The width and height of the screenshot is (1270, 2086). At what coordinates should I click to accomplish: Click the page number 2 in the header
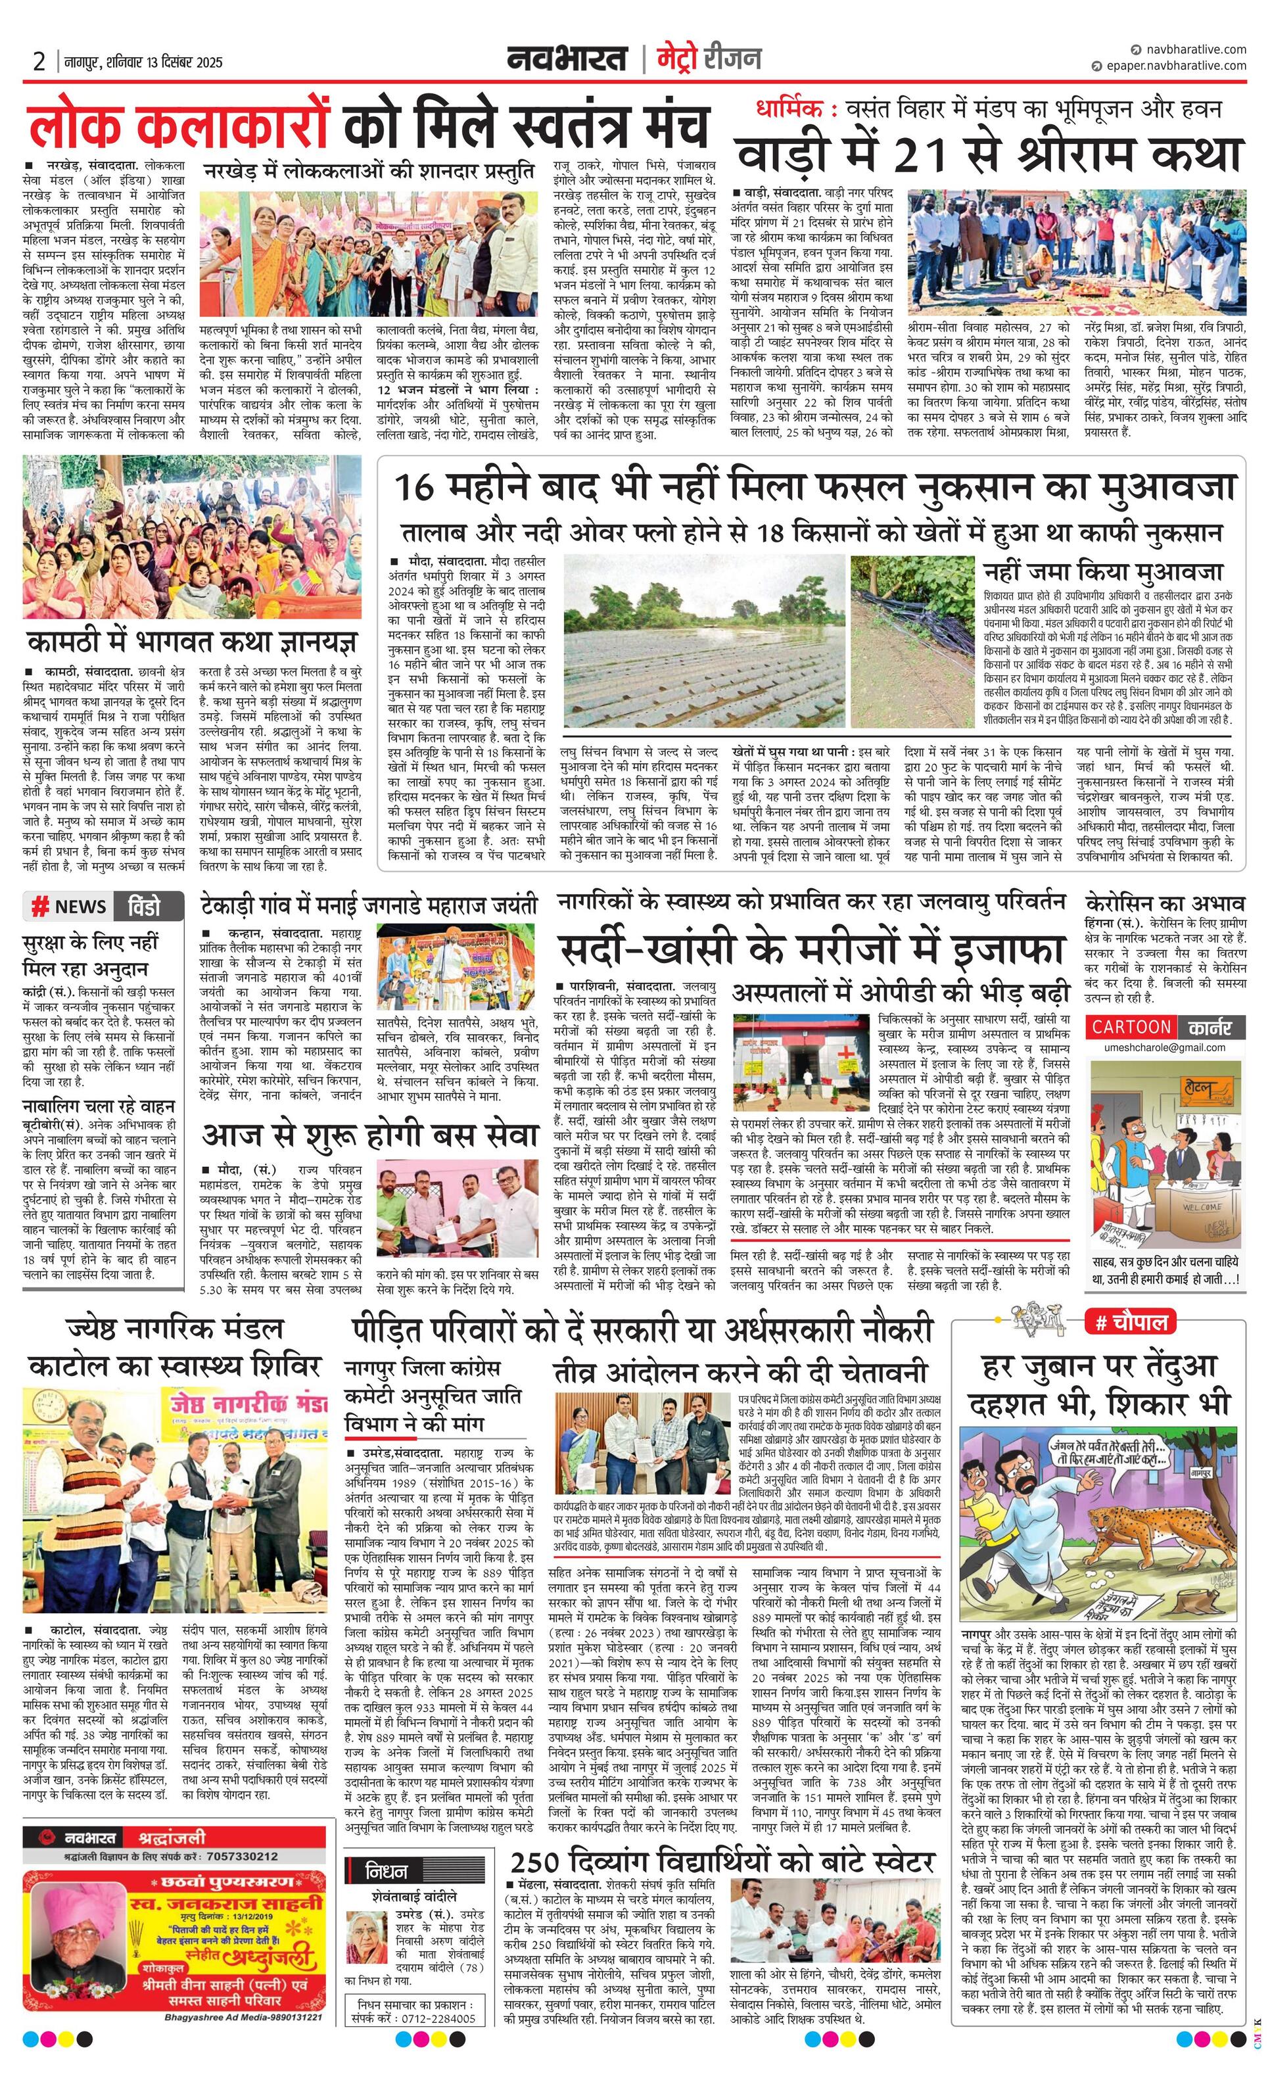[x=39, y=62]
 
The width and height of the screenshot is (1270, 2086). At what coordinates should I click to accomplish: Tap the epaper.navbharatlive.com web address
[x=1173, y=65]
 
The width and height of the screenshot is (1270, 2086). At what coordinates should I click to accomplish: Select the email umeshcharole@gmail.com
[x=1165, y=1047]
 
